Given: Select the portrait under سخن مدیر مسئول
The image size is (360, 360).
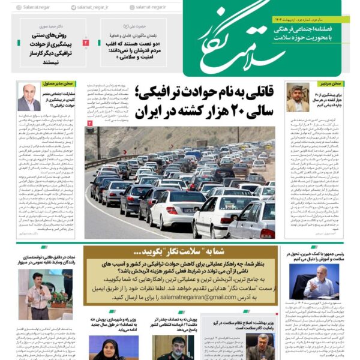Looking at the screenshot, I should (x=29, y=98).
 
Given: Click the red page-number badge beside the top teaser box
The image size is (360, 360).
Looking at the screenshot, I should (x=85, y=43).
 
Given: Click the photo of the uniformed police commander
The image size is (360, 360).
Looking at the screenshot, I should (x=172, y=347).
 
